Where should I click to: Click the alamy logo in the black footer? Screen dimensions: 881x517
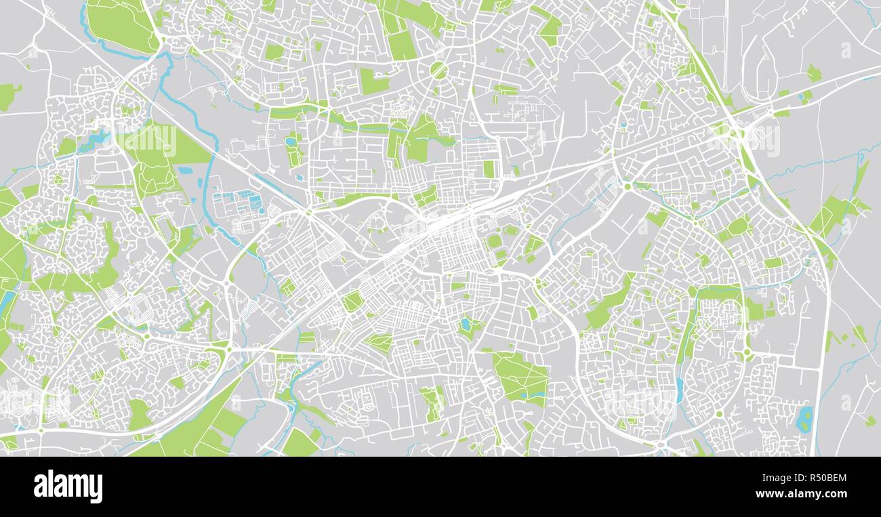coord(68,487)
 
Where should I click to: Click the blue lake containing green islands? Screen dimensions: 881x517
coord(804,419)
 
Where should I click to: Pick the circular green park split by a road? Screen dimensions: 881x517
coord(438,70)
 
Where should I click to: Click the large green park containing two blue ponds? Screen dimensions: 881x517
coord(520,378)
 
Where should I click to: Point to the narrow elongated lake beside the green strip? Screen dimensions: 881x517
coord(679,386)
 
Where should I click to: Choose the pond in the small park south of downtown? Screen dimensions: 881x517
coord(466,325)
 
